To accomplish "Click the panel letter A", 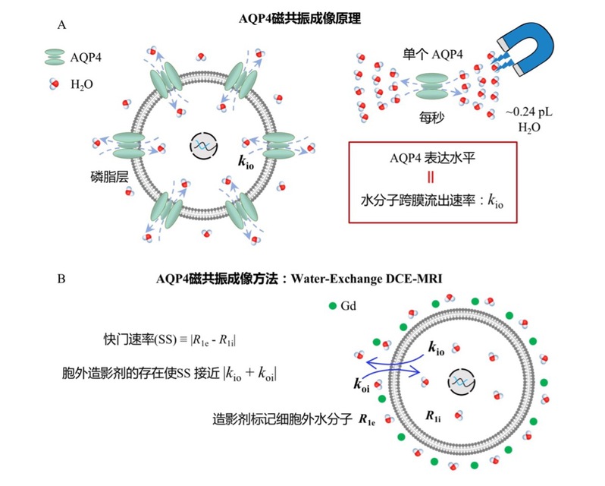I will [61, 25].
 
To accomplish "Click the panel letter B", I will [61, 279].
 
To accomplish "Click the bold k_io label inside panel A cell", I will [243, 162].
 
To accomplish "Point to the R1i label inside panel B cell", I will [433, 415].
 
